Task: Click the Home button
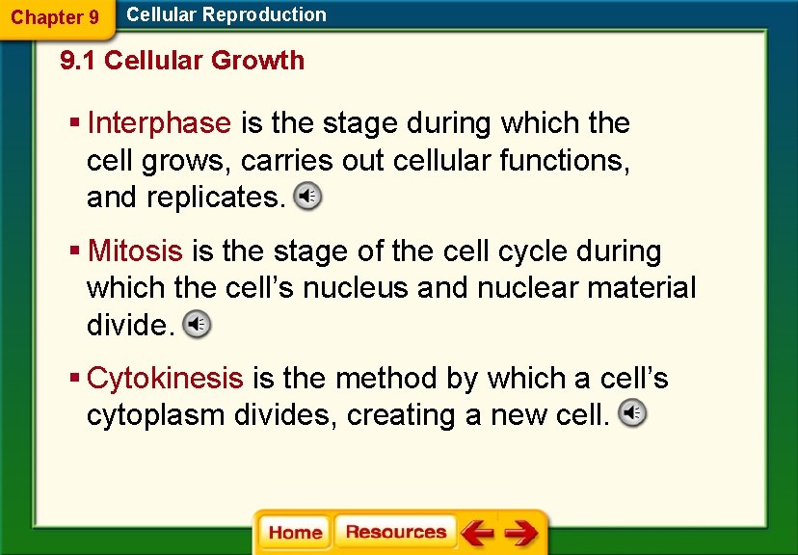point(295,533)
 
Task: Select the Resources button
point(395,532)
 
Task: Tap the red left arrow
point(476,533)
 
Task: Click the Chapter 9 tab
point(55,17)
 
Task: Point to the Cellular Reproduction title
point(226,14)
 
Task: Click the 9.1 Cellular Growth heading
point(182,61)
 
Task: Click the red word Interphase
point(159,123)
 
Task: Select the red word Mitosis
point(135,251)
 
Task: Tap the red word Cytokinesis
point(165,379)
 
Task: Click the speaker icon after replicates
point(308,197)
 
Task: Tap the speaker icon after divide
point(197,325)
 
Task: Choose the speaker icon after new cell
point(632,414)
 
